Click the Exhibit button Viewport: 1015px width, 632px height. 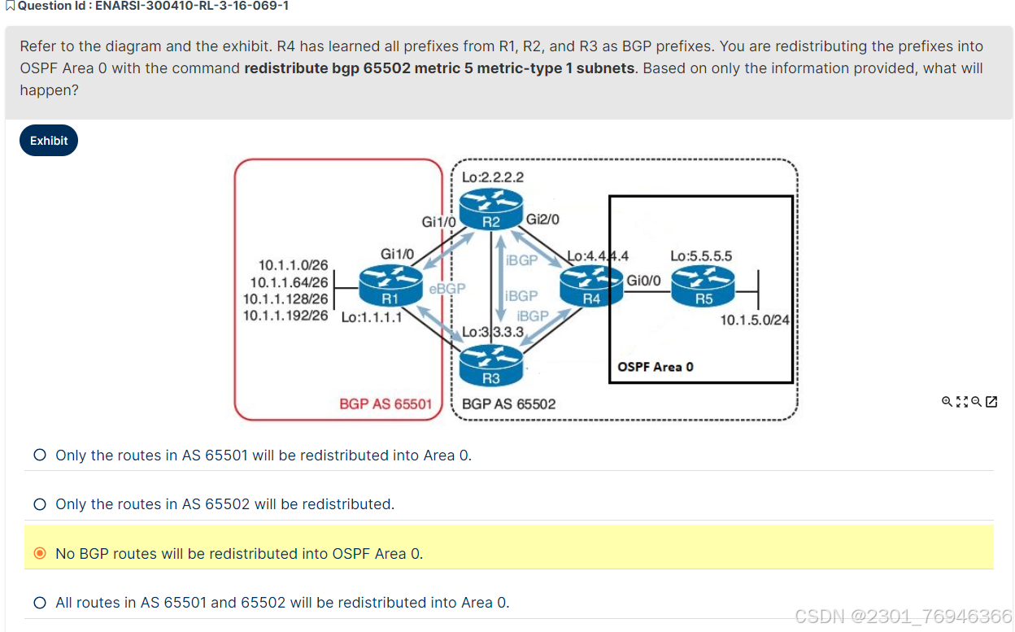click(x=49, y=141)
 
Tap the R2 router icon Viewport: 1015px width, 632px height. click(x=490, y=209)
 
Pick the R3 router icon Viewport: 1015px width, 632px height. click(x=490, y=365)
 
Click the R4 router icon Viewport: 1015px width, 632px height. click(x=591, y=286)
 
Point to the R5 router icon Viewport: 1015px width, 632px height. click(x=704, y=286)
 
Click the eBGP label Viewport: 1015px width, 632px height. click(x=447, y=289)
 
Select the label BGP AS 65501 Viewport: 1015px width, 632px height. click(x=386, y=403)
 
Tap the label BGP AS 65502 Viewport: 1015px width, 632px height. click(x=508, y=403)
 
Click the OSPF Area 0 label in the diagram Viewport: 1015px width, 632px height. click(x=656, y=367)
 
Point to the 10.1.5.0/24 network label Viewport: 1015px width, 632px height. click(x=755, y=320)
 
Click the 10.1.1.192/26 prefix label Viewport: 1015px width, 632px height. click(x=285, y=315)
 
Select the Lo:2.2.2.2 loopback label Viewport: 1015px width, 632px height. click(x=492, y=177)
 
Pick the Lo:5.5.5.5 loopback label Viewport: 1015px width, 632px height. click(x=701, y=256)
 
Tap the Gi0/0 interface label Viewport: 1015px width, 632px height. click(x=643, y=281)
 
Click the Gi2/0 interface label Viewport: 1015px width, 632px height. click(x=542, y=219)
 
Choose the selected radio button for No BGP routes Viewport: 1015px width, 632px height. click(x=40, y=554)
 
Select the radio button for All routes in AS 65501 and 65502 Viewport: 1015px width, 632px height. click(x=40, y=603)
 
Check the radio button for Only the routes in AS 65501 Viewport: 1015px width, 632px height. click(x=40, y=455)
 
